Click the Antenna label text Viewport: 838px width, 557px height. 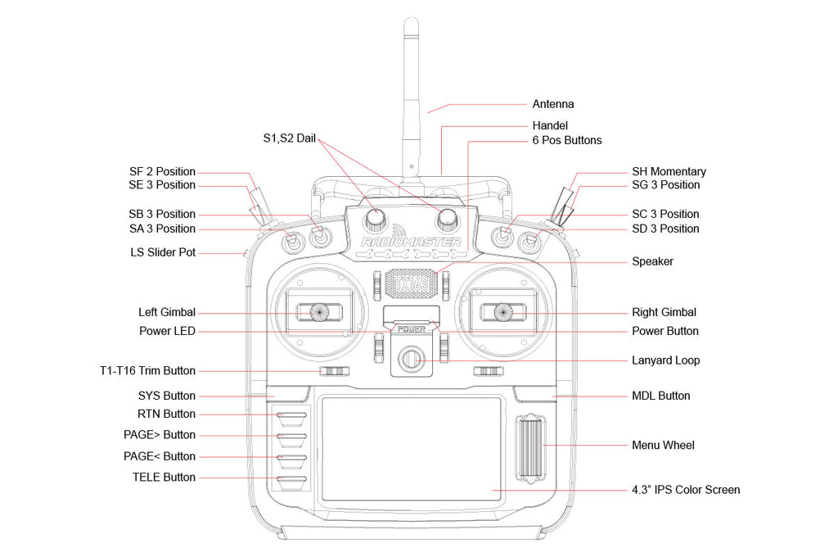553,104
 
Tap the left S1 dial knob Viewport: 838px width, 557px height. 376,218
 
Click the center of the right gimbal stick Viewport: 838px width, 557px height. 502,312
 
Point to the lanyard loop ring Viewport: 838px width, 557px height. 411,360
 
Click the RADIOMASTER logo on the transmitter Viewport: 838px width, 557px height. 411,242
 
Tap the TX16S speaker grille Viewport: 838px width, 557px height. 412,283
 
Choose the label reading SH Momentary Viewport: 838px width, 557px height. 669,171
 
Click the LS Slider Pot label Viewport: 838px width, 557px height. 163,252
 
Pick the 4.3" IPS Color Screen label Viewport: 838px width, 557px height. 686,490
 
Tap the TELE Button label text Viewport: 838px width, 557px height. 164,477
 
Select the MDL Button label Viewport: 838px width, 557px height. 661,396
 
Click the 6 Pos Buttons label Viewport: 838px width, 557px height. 567,140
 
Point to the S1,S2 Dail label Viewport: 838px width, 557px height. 283,138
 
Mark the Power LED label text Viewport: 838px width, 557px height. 167,331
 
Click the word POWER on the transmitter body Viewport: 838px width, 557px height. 412,329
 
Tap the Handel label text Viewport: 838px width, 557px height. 550,126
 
